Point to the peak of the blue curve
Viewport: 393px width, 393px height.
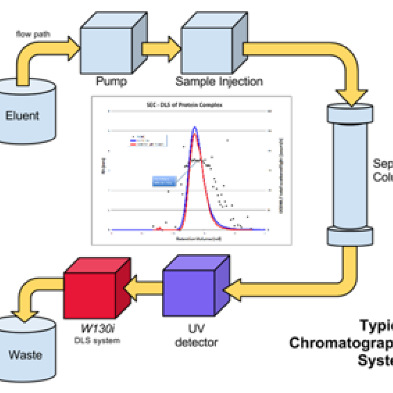(x=195, y=127)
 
